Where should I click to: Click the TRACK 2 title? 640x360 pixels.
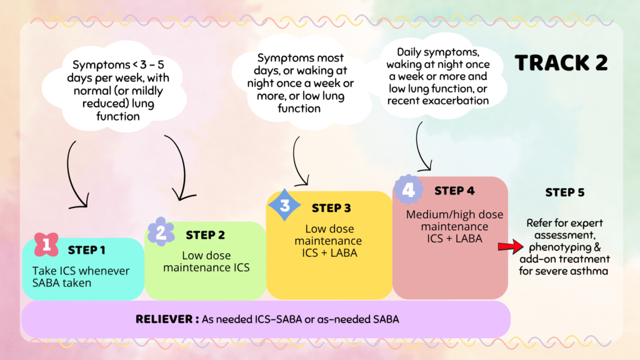[561, 63]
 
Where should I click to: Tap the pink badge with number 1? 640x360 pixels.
[45, 244]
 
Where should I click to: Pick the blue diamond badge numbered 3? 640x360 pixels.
[285, 204]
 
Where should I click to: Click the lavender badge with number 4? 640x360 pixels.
[408, 189]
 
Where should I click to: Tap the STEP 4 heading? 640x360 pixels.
[458, 190]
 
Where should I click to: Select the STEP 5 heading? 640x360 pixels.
[564, 192]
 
